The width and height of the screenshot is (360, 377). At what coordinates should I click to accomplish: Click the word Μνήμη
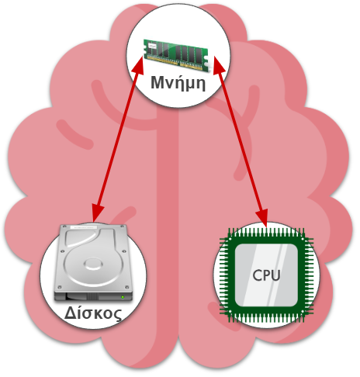[x=178, y=83]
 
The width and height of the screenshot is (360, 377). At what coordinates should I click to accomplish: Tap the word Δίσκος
[x=93, y=313]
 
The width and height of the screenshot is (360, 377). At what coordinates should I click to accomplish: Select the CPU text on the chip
[x=266, y=275]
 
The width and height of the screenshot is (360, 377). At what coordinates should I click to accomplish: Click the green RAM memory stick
[x=176, y=54]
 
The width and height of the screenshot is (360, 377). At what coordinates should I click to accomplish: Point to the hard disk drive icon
[x=93, y=263]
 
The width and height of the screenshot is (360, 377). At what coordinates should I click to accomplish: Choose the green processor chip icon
[x=266, y=275]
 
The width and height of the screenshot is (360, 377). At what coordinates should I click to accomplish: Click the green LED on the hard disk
[x=123, y=297]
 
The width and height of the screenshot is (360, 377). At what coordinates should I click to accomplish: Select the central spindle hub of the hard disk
[x=93, y=265]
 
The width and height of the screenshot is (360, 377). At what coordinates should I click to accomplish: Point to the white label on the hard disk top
[x=84, y=227]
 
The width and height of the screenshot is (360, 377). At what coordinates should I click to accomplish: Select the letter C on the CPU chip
[x=257, y=275]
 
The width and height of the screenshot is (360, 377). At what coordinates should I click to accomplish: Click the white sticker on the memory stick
[x=152, y=46]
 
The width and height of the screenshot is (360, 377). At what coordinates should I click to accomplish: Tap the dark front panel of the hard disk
[x=93, y=296]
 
